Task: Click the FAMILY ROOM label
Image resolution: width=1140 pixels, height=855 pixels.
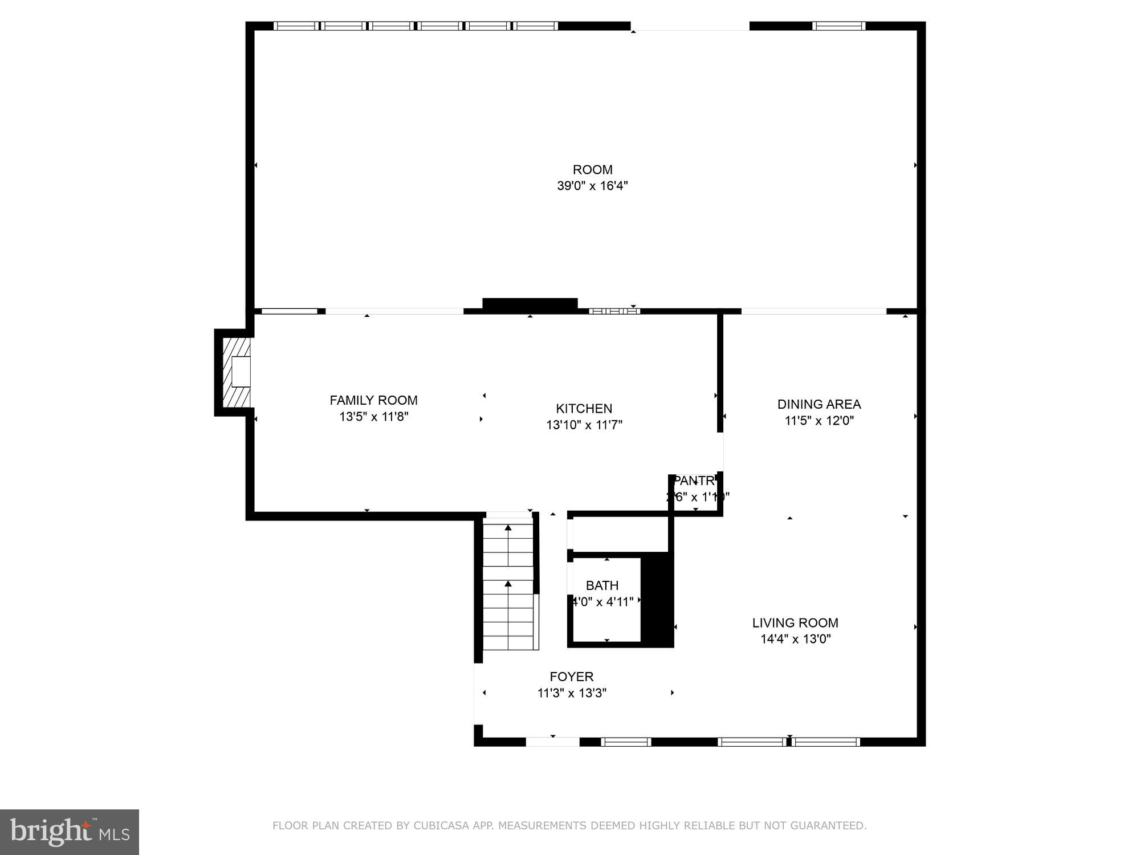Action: [373, 400]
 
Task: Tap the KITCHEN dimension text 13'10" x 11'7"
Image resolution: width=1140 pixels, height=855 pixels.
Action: [584, 425]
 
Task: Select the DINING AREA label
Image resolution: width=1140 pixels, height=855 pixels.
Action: [819, 404]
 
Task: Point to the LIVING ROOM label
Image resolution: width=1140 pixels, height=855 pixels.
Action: [795, 623]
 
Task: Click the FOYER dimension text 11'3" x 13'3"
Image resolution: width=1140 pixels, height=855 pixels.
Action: [572, 693]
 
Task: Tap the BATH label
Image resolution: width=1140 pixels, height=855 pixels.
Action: [602, 585]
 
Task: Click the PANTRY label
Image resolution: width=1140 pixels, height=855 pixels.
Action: [694, 481]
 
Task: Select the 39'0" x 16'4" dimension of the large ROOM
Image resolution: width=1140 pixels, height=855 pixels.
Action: [592, 186]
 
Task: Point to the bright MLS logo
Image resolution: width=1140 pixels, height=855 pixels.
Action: [70, 832]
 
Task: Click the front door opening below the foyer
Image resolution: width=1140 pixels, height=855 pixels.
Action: [552, 742]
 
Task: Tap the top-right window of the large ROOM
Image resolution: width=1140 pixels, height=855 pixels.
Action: [838, 26]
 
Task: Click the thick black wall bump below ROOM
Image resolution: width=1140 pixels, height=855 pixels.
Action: [530, 304]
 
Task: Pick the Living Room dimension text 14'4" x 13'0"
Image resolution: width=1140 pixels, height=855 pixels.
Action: [795, 639]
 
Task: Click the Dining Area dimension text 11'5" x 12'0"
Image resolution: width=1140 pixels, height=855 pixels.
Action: [819, 421]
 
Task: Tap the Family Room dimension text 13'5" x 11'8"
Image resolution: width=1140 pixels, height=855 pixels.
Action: [373, 417]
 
